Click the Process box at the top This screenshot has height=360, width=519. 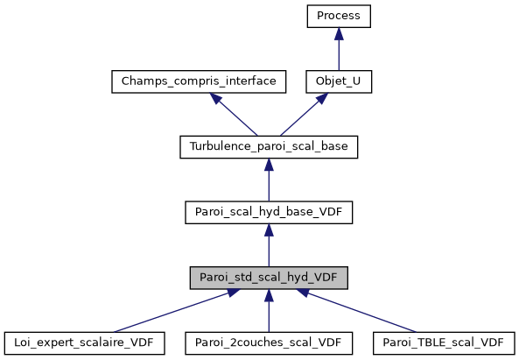(339, 16)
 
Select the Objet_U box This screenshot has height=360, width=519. (339, 81)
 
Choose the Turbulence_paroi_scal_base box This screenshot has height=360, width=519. (269, 147)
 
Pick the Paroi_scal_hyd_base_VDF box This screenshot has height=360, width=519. (269, 213)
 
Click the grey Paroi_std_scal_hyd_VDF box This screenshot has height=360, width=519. (269, 279)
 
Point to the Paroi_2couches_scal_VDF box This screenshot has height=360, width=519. (269, 342)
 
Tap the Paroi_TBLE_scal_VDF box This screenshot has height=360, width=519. (443, 342)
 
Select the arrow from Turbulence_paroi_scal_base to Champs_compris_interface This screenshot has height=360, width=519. (232, 114)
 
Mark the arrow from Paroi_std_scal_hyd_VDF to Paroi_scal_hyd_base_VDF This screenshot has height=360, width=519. (269, 248)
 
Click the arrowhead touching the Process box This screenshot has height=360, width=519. (339, 32)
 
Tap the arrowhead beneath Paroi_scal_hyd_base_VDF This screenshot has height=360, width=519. (269, 229)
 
